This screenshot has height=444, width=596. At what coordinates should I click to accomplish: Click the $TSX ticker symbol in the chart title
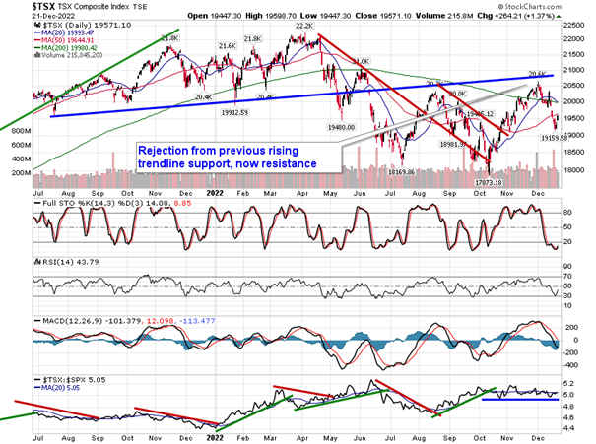tap(18, 7)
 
